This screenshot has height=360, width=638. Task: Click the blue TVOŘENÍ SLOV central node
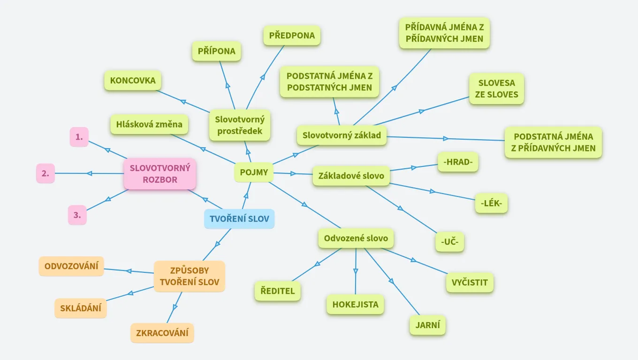click(239, 219)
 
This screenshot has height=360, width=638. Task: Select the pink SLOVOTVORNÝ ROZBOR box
click(160, 173)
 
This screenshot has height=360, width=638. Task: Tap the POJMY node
click(254, 172)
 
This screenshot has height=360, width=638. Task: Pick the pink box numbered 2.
click(46, 173)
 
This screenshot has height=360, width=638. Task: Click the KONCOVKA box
click(133, 81)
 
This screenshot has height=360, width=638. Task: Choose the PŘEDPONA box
click(292, 36)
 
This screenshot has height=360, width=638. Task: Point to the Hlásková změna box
click(149, 125)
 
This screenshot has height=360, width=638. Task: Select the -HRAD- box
click(457, 162)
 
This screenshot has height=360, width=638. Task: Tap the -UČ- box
click(449, 242)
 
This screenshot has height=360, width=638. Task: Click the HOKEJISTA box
click(355, 305)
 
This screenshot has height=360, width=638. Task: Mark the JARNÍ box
click(427, 325)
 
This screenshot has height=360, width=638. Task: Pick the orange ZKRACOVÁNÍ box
click(162, 333)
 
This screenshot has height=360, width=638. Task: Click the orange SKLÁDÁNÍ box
click(81, 308)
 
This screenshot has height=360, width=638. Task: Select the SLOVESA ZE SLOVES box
click(496, 89)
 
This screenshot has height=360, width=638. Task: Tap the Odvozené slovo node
click(356, 238)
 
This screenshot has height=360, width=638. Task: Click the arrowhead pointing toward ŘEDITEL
click(318, 264)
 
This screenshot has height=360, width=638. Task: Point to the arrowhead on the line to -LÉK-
click(432, 191)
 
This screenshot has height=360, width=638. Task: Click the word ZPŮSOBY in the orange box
click(190, 270)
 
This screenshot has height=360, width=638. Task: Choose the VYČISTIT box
click(470, 283)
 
